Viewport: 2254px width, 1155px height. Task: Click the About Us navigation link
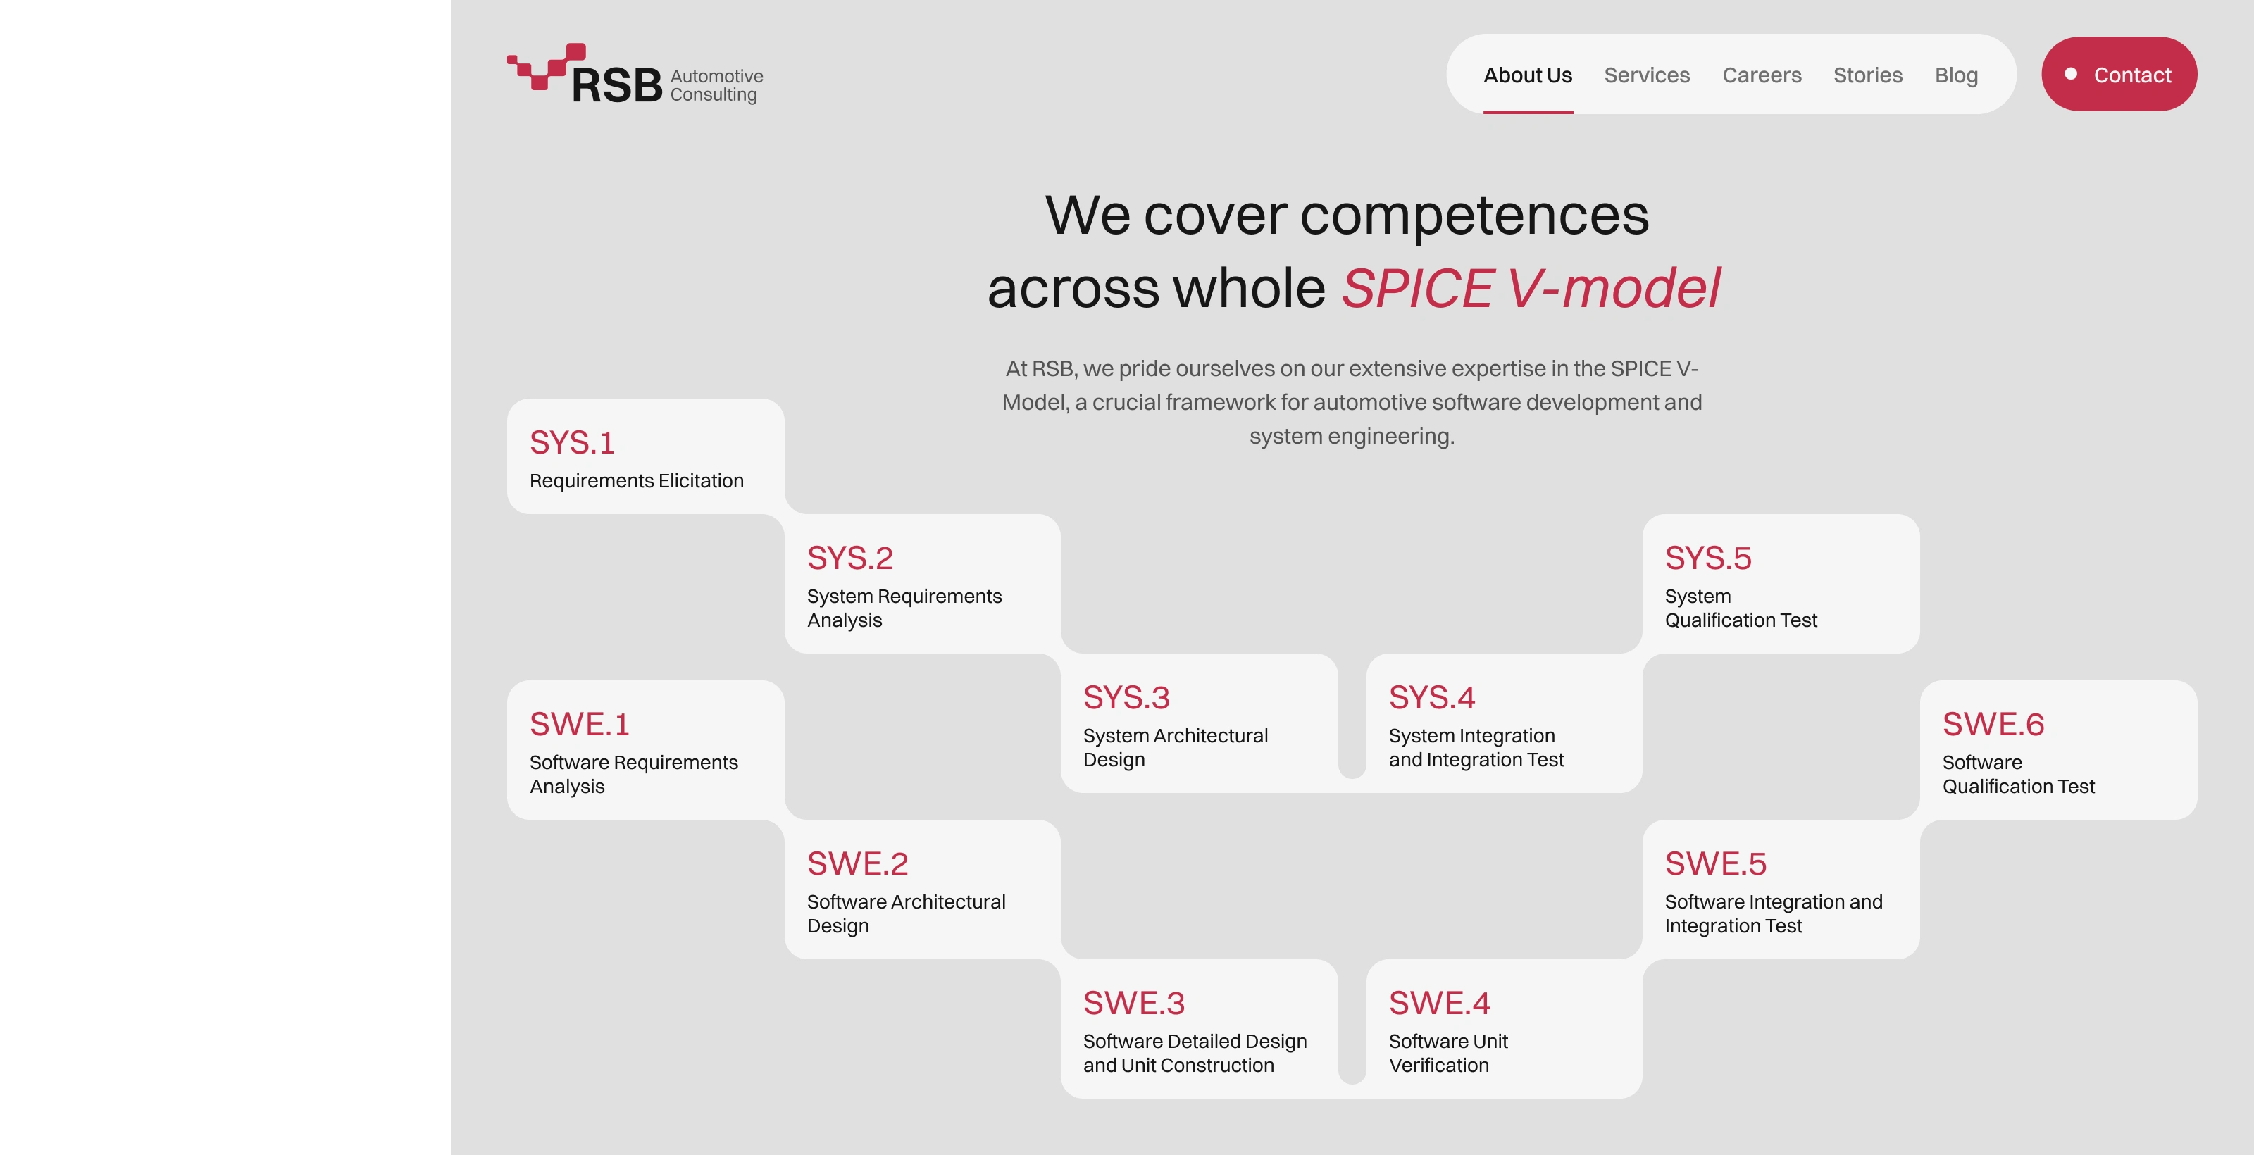click(x=1528, y=75)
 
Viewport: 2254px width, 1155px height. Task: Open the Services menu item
click(x=1647, y=75)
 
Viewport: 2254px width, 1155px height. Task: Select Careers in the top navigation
click(x=1762, y=75)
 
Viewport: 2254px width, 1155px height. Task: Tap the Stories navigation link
click(x=1868, y=75)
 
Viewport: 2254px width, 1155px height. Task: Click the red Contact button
click(x=2119, y=75)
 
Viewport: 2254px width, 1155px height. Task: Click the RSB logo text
click(x=617, y=86)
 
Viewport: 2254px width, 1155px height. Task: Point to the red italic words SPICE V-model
click(x=1531, y=288)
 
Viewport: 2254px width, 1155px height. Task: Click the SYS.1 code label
click(x=572, y=443)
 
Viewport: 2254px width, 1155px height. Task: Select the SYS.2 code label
click(x=849, y=558)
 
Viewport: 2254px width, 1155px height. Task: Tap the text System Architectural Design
click(x=1175, y=747)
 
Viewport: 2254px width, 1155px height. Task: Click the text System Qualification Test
click(x=1741, y=608)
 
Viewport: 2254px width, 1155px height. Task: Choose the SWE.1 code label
click(x=579, y=725)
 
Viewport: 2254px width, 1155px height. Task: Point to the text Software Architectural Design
click(x=906, y=913)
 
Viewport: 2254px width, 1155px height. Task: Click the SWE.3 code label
click(x=1134, y=1004)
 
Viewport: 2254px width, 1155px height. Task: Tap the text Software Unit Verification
click(x=1448, y=1054)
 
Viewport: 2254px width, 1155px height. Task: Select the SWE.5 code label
click(x=1715, y=863)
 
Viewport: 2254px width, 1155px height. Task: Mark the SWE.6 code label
click(x=1993, y=725)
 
